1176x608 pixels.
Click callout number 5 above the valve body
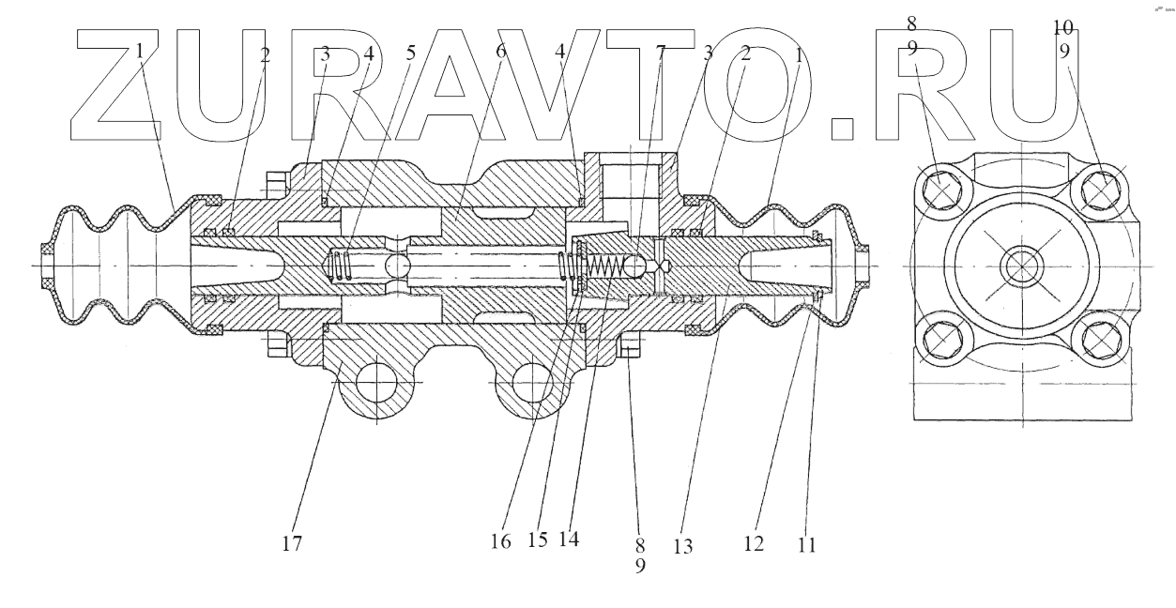pyautogui.click(x=410, y=53)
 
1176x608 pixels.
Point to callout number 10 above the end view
pyautogui.click(x=1064, y=28)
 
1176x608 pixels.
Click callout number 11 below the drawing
pyautogui.click(x=806, y=542)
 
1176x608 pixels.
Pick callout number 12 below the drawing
pyautogui.click(x=753, y=542)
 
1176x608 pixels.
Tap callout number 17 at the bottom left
pyautogui.click(x=294, y=542)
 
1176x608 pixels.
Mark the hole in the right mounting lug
pyautogui.click(x=530, y=384)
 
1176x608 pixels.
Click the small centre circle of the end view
pyautogui.click(x=1020, y=266)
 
